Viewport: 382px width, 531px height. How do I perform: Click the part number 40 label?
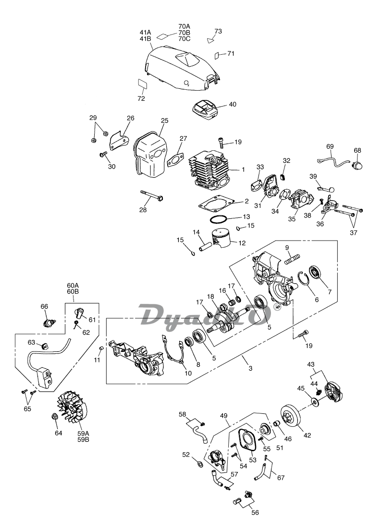tap(233, 104)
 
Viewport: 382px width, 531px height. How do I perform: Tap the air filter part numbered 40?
tap(204, 109)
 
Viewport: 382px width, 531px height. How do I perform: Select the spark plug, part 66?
tap(49, 320)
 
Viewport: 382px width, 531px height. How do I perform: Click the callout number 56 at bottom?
tap(255, 513)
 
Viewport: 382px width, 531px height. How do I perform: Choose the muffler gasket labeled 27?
tap(176, 159)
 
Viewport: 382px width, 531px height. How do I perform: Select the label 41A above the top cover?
tap(145, 32)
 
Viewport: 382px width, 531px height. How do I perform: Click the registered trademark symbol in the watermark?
tap(276, 307)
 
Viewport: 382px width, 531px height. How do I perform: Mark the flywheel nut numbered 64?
tap(55, 416)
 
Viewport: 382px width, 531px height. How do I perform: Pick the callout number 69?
tap(330, 146)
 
